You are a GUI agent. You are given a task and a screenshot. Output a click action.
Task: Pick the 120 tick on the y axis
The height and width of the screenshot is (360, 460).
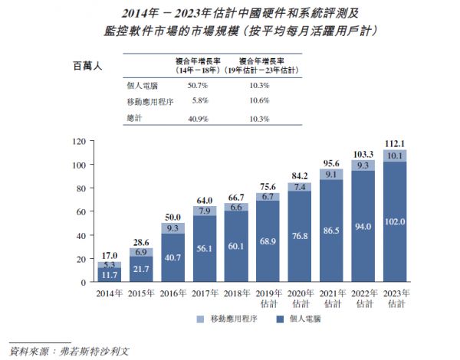tap(77, 142)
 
